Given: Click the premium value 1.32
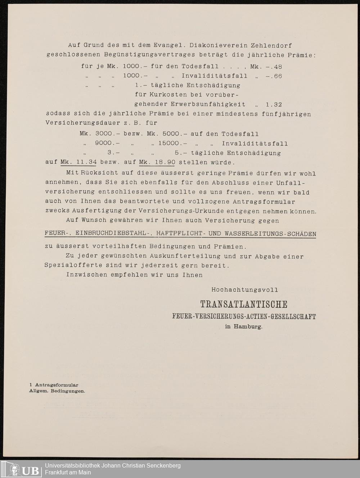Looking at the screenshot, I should click(274, 104).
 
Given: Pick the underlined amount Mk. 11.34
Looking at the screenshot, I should click(79, 162).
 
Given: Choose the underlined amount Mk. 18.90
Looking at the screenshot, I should click(157, 162).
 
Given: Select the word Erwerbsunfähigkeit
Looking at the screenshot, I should click(190, 104).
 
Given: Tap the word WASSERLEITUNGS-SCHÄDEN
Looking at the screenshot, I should click(270, 234).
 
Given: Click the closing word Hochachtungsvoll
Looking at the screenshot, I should click(244, 289).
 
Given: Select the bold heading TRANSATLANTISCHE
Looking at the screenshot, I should click(244, 305).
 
